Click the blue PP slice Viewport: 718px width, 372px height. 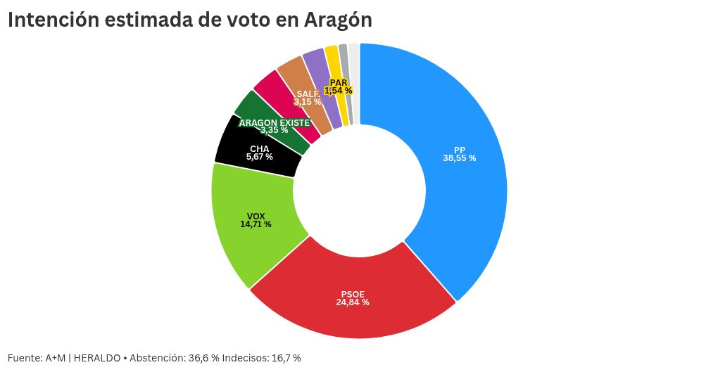pyautogui.click(x=465, y=176)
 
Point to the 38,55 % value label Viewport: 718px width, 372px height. pyautogui.click(x=459, y=158)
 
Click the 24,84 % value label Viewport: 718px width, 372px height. pyautogui.click(x=352, y=302)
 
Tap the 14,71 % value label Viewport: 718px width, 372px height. pyautogui.click(x=256, y=224)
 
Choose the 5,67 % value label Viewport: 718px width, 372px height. pyautogui.click(x=259, y=157)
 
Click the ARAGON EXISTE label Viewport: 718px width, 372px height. pyautogui.click(x=274, y=122)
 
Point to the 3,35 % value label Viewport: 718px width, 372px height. pyautogui.click(x=274, y=130)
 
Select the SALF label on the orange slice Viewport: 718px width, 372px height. pyautogui.click(x=308, y=94)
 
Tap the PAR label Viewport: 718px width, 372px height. pyautogui.click(x=339, y=82)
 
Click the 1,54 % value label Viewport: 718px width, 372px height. pyautogui.click(x=339, y=91)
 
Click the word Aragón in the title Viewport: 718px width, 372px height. pyautogui.click(x=339, y=20)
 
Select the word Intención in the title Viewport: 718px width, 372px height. pyautogui.click(x=53, y=20)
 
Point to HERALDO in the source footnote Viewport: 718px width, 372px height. pyautogui.click(x=96, y=358)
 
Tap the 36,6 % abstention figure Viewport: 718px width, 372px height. pyautogui.click(x=203, y=358)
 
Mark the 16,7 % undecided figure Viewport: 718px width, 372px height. pyautogui.click(x=286, y=358)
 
